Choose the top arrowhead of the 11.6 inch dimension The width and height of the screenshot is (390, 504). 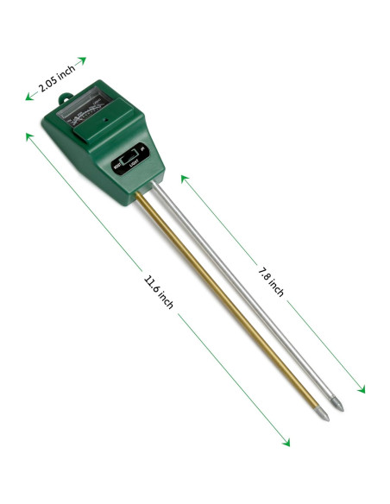pyautogui.click(x=28, y=134)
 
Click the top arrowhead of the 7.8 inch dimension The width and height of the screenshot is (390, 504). pyautogui.click(x=184, y=176)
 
